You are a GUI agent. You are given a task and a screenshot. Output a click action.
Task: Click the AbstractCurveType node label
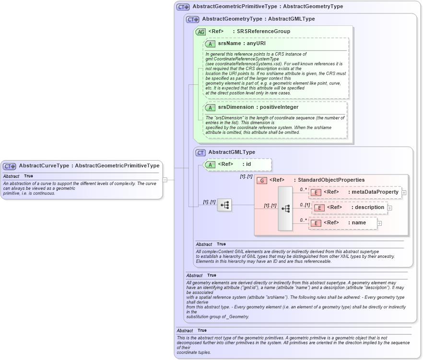[89, 166]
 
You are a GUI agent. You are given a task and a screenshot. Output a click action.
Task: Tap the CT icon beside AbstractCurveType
[10, 166]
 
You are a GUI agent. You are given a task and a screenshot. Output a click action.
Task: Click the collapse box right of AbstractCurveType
[164, 180]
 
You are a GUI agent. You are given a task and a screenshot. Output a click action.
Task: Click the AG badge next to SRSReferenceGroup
[201, 32]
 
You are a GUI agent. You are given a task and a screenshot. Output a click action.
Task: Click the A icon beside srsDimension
[210, 108]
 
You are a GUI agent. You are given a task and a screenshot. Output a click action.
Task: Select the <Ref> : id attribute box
[237, 164]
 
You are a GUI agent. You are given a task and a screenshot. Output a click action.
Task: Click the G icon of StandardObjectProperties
[262, 180]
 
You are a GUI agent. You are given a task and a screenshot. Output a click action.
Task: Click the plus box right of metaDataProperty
[404, 192]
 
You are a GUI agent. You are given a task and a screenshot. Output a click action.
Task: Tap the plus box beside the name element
[379, 223]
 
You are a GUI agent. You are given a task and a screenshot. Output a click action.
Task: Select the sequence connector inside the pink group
[285, 209]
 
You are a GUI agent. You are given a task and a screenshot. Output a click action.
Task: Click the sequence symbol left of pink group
[224, 205]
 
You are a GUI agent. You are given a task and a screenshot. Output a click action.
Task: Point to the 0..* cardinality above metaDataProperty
[303, 189]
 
